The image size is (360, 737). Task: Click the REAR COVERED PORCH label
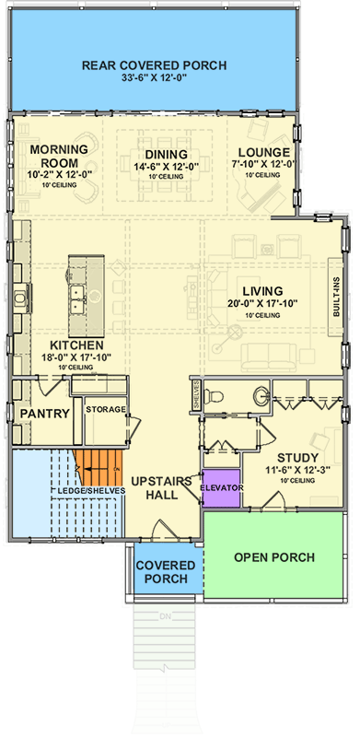(x=154, y=64)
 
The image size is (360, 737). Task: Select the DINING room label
(x=166, y=154)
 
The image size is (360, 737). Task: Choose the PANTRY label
(x=45, y=414)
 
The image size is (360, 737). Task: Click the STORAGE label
(x=105, y=408)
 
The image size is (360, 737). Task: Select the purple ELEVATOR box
(x=220, y=487)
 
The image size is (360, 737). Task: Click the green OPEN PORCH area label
(x=274, y=557)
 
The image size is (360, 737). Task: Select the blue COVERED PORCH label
(x=164, y=571)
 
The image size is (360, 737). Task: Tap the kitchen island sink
(x=77, y=295)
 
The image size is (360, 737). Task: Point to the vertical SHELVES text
(x=196, y=397)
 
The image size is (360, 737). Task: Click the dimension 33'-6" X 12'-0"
(x=154, y=79)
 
